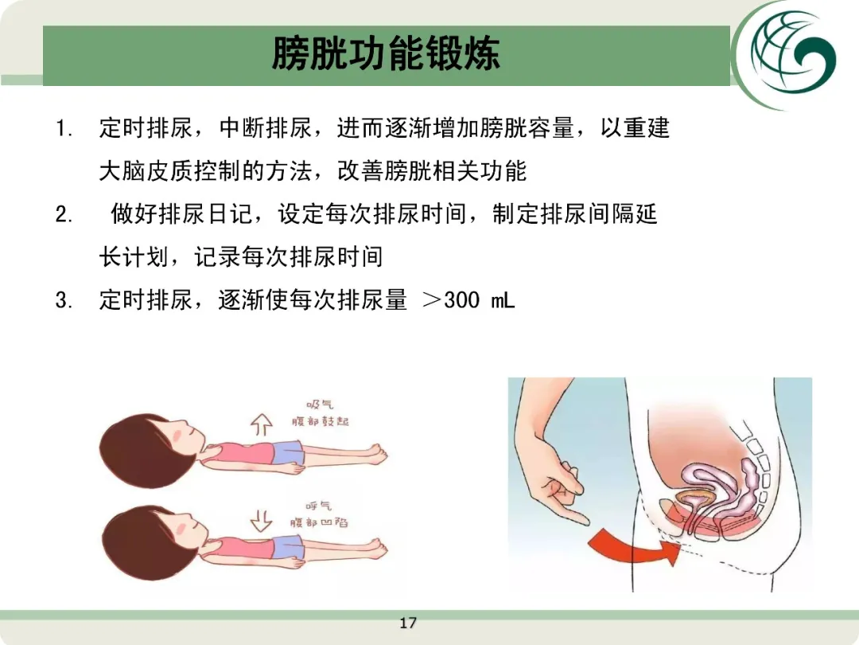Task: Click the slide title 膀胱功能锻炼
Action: pyautogui.click(x=386, y=54)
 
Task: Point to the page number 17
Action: pyautogui.click(x=407, y=623)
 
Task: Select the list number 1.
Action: pyautogui.click(x=64, y=130)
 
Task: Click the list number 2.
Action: pyautogui.click(x=64, y=214)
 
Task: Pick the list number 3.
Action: pyautogui.click(x=64, y=300)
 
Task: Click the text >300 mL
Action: pyautogui.click(x=469, y=300)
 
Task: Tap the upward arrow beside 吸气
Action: pyautogui.click(x=262, y=424)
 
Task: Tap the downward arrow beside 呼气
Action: pyautogui.click(x=262, y=521)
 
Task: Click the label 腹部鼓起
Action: pyautogui.click(x=321, y=421)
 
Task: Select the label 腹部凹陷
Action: pyautogui.click(x=320, y=522)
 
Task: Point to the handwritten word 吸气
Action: pyautogui.click(x=320, y=405)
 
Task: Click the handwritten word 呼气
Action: pyautogui.click(x=318, y=506)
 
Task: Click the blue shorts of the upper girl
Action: pyautogui.click(x=288, y=453)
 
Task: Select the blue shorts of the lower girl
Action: pyautogui.click(x=288, y=547)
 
